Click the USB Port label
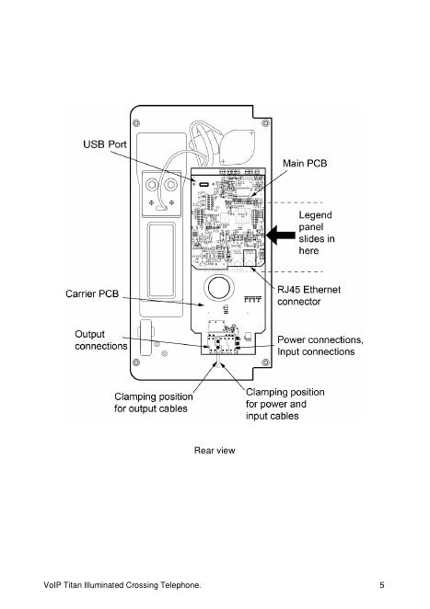tap(105, 144)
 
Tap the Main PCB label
tap(305, 163)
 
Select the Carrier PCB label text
tap(92, 293)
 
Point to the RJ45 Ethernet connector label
tap(308, 295)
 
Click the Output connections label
tap(101, 340)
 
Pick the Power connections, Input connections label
tap(320, 346)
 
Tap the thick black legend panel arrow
tap(281, 235)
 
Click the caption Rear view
tap(215, 451)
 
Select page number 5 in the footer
tap(382, 585)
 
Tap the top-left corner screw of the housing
tap(136, 123)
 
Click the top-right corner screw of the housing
tap(265, 123)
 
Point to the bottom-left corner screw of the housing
tap(136, 362)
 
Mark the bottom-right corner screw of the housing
tap(265, 362)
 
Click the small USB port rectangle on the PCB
tap(203, 184)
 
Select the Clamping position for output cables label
tap(153, 402)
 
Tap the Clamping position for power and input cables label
tap(285, 404)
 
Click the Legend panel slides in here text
tap(317, 233)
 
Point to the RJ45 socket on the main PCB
tap(249, 258)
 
